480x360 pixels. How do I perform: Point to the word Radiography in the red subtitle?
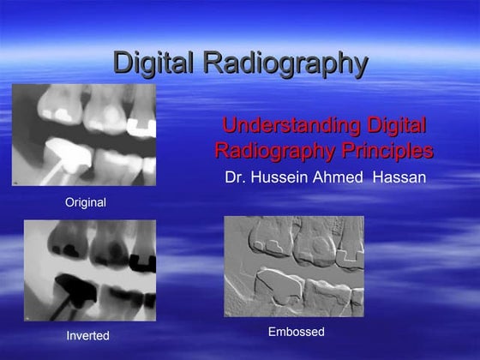pyautogui.click(x=269, y=152)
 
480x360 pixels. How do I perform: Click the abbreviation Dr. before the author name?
pyautogui.click(x=234, y=179)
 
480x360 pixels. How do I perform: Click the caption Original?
pyautogui.click(x=86, y=203)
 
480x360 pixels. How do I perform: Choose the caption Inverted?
pyautogui.click(x=88, y=336)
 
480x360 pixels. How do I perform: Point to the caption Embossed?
pyautogui.click(x=296, y=332)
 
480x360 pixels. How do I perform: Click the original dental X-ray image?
pyautogui.click(x=84, y=135)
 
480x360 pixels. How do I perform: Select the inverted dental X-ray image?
pyautogui.click(x=90, y=270)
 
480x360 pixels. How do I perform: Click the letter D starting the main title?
pyautogui.click(x=123, y=63)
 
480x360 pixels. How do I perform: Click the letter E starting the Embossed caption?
pyautogui.click(x=272, y=332)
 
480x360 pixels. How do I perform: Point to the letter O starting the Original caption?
pyautogui.click(x=69, y=203)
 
